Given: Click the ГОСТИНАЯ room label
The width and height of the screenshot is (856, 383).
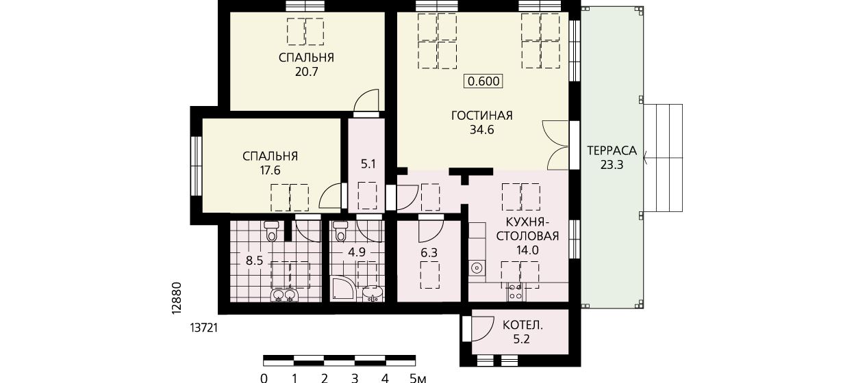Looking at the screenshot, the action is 482,116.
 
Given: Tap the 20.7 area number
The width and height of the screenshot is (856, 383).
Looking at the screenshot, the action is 307,72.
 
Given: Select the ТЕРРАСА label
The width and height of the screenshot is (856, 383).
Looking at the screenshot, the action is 612,150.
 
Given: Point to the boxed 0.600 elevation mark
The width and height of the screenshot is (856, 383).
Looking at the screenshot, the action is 483,81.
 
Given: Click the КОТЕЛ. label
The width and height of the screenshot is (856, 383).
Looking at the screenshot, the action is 523,326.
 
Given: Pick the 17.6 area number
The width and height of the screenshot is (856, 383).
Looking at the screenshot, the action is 270,170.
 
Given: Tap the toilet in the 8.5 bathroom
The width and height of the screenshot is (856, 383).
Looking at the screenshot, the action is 272,230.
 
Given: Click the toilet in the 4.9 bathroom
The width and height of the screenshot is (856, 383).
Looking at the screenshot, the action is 340,230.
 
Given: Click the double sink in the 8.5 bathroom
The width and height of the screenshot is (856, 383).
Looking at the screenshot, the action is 284,295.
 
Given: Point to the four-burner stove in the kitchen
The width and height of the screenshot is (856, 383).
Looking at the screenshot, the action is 515,292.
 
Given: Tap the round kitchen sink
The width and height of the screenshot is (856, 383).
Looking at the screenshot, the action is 477,268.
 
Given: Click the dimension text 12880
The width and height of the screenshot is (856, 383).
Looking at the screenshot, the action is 176,298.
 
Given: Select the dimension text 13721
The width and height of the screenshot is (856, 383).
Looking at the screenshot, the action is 203,328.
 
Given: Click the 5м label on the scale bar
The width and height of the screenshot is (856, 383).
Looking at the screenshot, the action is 417,378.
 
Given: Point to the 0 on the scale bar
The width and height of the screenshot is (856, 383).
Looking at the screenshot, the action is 264,378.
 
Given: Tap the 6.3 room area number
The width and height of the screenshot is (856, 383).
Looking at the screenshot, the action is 429,252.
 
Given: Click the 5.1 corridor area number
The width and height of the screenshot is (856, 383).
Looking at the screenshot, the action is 368,164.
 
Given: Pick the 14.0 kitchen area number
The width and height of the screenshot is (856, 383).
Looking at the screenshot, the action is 527,250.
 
